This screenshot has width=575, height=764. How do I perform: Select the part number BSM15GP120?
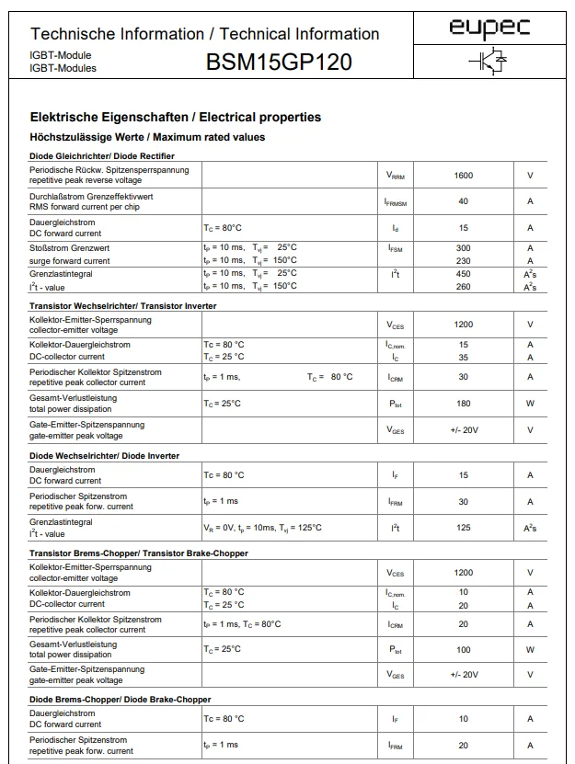(279, 63)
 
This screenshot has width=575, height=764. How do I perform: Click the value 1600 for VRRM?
(464, 175)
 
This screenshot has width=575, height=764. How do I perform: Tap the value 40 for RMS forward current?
(464, 201)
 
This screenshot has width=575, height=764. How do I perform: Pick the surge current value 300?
(464, 248)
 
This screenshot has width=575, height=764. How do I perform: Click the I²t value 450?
(464, 274)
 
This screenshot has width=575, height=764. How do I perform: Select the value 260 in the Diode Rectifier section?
(464, 287)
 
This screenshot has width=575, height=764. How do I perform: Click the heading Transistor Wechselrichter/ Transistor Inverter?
(123, 305)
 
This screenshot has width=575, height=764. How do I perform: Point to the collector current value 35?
(464, 357)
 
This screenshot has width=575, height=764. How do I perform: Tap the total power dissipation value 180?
(464, 403)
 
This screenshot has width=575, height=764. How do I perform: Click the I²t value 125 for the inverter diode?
(464, 528)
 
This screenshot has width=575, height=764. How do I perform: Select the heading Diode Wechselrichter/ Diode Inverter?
(105, 456)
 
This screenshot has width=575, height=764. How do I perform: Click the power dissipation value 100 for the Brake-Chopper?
(464, 650)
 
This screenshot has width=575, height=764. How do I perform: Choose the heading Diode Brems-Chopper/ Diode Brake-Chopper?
(121, 700)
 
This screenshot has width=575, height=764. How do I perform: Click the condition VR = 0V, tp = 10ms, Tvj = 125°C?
(262, 528)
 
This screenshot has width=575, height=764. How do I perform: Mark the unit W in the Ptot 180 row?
(530, 403)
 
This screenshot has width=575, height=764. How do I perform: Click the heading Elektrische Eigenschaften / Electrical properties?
(176, 118)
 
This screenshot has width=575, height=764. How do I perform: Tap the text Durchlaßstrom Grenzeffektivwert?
(91, 196)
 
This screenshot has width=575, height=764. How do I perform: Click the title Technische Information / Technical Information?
(205, 34)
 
